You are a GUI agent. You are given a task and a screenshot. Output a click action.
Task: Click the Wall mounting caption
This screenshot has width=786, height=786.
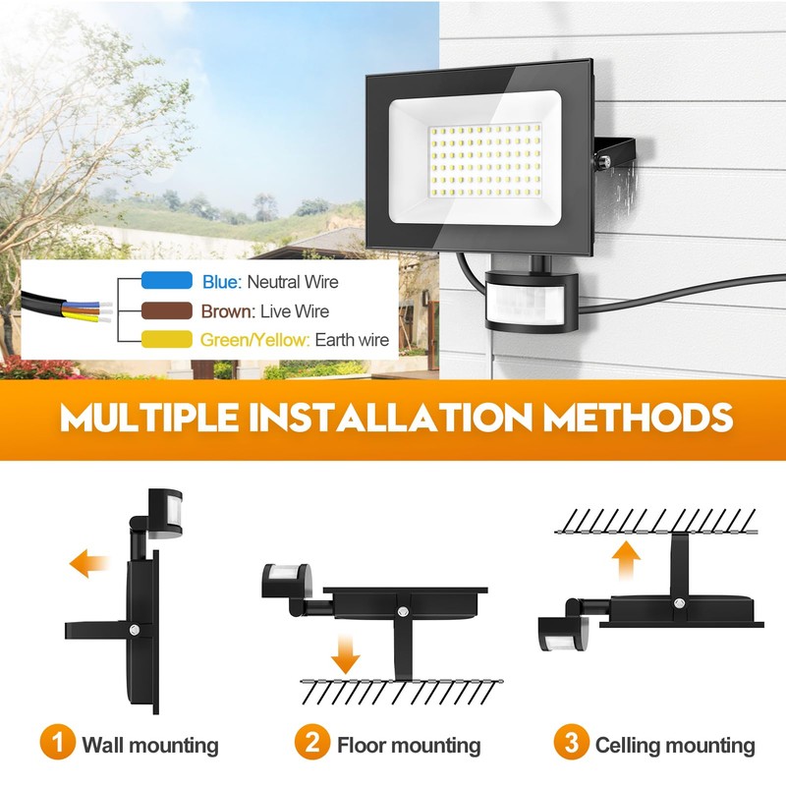pos(149,746)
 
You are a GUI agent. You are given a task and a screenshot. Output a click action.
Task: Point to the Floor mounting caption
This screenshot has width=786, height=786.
pos(409,746)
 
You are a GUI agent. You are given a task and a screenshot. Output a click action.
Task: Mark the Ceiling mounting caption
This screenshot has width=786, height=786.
pos(675,746)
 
